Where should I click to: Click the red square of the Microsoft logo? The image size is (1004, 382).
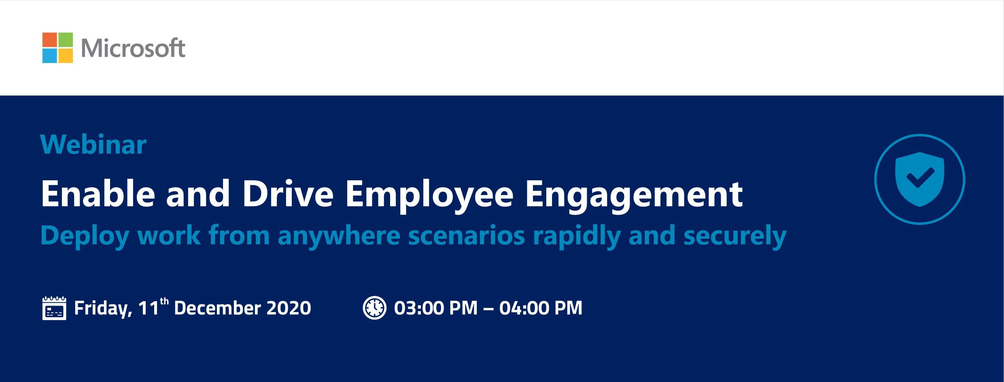[x=49, y=40]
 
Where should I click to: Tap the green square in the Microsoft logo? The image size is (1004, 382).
[x=66, y=40]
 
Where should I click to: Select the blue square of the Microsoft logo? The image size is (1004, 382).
[x=49, y=56]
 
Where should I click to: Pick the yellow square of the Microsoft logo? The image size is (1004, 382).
[x=66, y=56]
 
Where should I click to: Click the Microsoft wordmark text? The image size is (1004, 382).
[x=133, y=48]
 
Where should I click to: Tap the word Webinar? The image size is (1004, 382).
[x=93, y=145]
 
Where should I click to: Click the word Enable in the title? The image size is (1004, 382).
[x=98, y=193]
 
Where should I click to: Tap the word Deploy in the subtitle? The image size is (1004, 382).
[x=85, y=236]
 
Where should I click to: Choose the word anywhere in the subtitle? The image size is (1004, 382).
[x=338, y=237]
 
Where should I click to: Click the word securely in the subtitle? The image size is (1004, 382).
[x=735, y=237]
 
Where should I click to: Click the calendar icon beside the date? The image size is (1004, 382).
[x=54, y=308]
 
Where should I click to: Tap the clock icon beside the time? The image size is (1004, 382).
[x=374, y=308]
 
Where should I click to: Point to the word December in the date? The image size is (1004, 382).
[x=217, y=308]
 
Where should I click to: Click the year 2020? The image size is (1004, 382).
[x=289, y=308]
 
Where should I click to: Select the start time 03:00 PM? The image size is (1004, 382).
[x=436, y=308]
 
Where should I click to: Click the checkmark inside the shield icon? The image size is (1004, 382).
[x=920, y=177]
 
